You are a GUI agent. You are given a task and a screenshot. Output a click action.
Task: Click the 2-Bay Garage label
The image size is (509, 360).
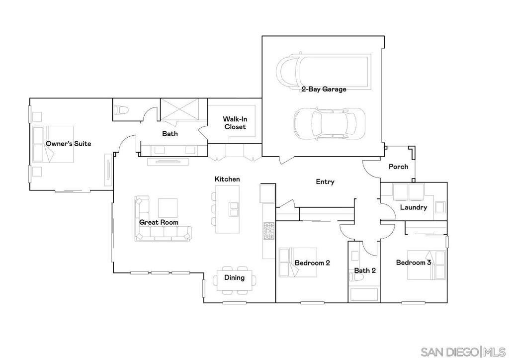[324, 90]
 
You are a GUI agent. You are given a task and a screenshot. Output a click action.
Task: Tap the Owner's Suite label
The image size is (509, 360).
[69, 144]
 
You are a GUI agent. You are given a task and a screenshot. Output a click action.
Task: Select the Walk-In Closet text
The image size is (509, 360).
[235, 123]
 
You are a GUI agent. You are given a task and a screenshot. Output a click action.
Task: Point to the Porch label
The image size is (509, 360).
[398, 167]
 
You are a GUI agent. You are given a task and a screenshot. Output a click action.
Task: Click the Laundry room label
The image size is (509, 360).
[413, 207]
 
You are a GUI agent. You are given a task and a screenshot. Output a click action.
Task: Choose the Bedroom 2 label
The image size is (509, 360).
[312, 263]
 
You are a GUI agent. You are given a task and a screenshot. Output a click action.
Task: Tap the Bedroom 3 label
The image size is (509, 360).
[413, 263]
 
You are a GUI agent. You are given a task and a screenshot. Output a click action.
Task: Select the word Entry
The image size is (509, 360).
[325, 182]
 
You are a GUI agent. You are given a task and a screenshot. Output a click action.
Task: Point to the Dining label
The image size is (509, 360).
[234, 277]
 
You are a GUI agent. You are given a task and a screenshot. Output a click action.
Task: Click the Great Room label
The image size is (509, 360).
[159, 222]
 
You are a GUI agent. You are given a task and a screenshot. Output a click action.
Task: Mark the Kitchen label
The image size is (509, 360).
[227, 179]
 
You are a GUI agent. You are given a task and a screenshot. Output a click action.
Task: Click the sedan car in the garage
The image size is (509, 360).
[329, 123]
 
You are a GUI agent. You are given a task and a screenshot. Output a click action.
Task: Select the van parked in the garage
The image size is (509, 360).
[323, 71]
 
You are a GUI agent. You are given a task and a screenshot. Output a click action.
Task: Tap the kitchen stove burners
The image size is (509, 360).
[268, 232]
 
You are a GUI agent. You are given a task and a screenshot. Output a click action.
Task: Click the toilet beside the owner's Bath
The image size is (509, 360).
[121, 110]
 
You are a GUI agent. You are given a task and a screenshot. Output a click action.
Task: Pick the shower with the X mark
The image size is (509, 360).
[180, 109]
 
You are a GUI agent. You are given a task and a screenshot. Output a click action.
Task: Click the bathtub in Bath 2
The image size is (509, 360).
[363, 294]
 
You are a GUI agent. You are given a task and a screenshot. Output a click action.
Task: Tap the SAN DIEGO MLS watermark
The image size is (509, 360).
[462, 352]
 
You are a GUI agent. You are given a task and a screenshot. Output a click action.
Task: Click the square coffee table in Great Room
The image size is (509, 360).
[168, 207]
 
